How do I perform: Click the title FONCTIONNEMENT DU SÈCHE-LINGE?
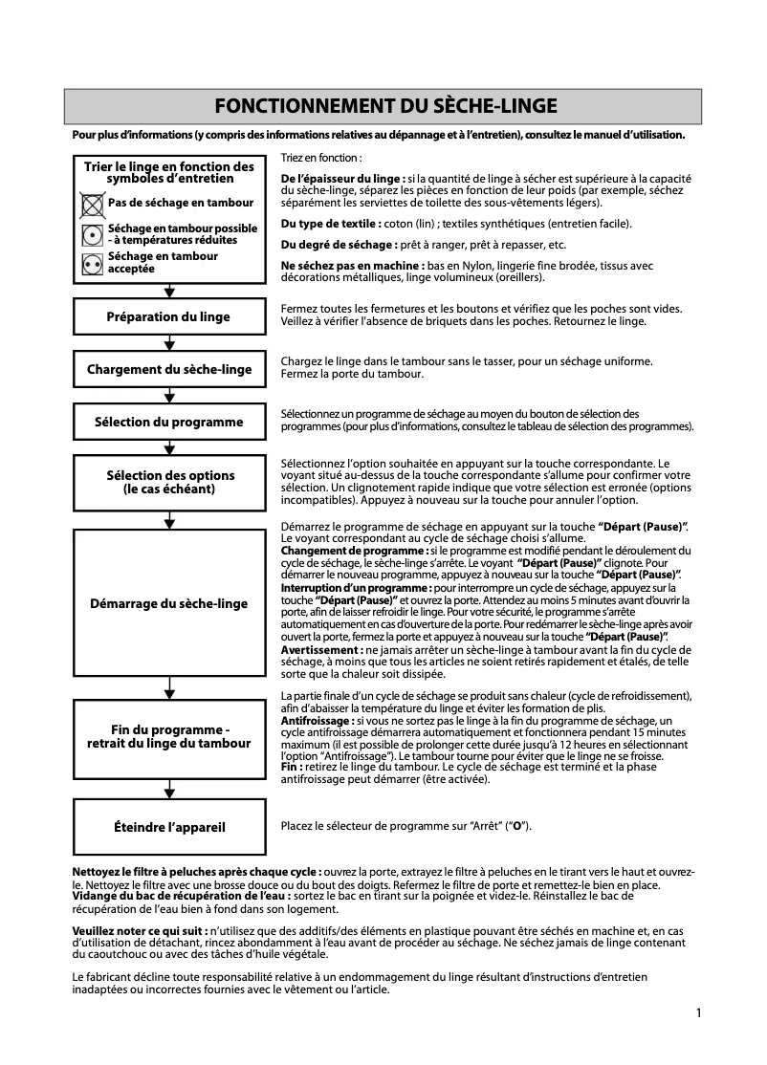tap(383, 106)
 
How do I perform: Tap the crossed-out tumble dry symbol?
tap(93, 204)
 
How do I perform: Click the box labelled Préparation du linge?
tap(168, 317)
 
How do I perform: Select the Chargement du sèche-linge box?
tap(168, 369)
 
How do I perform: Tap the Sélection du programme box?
tap(168, 422)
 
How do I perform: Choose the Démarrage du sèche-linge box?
tap(168, 603)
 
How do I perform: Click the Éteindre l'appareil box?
tap(168, 827)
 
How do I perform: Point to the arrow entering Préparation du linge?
tap(169, 293)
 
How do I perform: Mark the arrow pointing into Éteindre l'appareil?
tap(169, 791)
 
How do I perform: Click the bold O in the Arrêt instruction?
tap(516, 826)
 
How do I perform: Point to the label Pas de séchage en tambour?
tap(181, 203)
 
